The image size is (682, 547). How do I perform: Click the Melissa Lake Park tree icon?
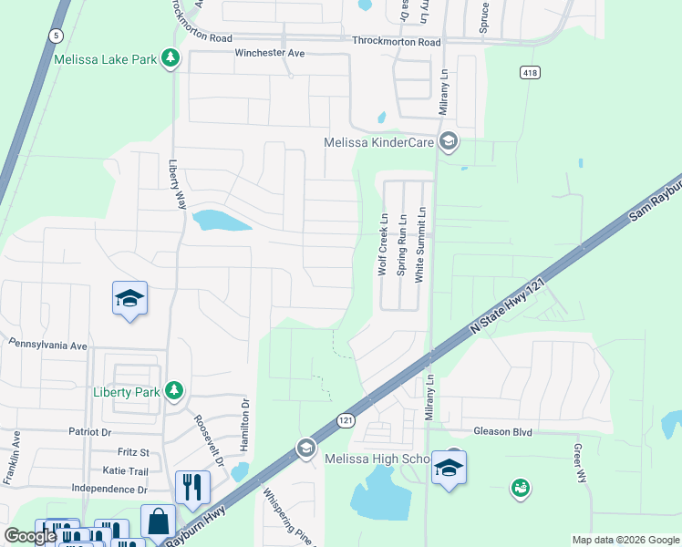click(x=170, y=59)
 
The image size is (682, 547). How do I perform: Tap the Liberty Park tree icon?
click(x=173, y=391)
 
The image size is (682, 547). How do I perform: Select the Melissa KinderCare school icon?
click(x=447, y=142)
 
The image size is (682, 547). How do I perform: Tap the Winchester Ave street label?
click(x=270, y=53)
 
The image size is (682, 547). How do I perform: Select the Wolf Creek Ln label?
click(x=383, y=247)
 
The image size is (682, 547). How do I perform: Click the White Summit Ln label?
click(x=421, y=244)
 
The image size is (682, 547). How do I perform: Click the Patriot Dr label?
click(x=89, y=431)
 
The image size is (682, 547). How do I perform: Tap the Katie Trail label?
click(x=126, y=470)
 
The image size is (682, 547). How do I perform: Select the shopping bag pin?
click(x=158, y=521)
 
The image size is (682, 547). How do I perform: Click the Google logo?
click(x=30, y=536)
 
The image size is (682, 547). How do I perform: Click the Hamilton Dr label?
click(x=244, y=425)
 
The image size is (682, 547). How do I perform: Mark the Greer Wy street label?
click(x=578, y=462)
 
